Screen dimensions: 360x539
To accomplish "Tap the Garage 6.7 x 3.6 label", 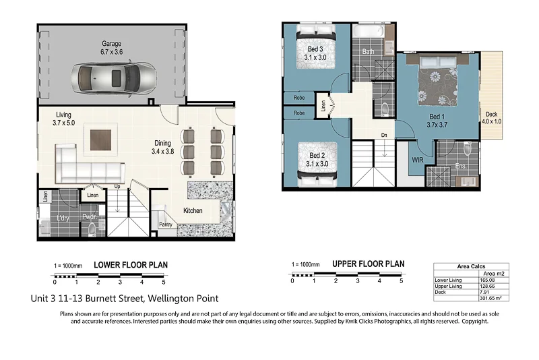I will pyautogui.click(x=112, y=48).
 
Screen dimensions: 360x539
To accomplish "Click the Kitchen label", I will pyautogui.click(x=193, y=211).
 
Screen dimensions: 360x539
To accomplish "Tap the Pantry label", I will pyautogui.click(x=166, y=225).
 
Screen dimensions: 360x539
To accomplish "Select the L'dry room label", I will pyautogui.click(x=63, y=218).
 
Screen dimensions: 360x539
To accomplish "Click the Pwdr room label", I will pyautogui.click(x=88, y=217).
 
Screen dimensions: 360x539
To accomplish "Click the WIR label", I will pyautogui.click(x=418, y=160).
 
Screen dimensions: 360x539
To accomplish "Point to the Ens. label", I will pyautogui.click(x=461, y=165).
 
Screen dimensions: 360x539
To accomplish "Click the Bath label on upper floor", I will pyautogui.click(x=368, y=51).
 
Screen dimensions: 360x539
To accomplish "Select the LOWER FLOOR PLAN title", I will pyautogui.click(x=130, y=265).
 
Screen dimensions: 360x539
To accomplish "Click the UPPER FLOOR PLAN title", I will pyautogui.click(x=368, y=264).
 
